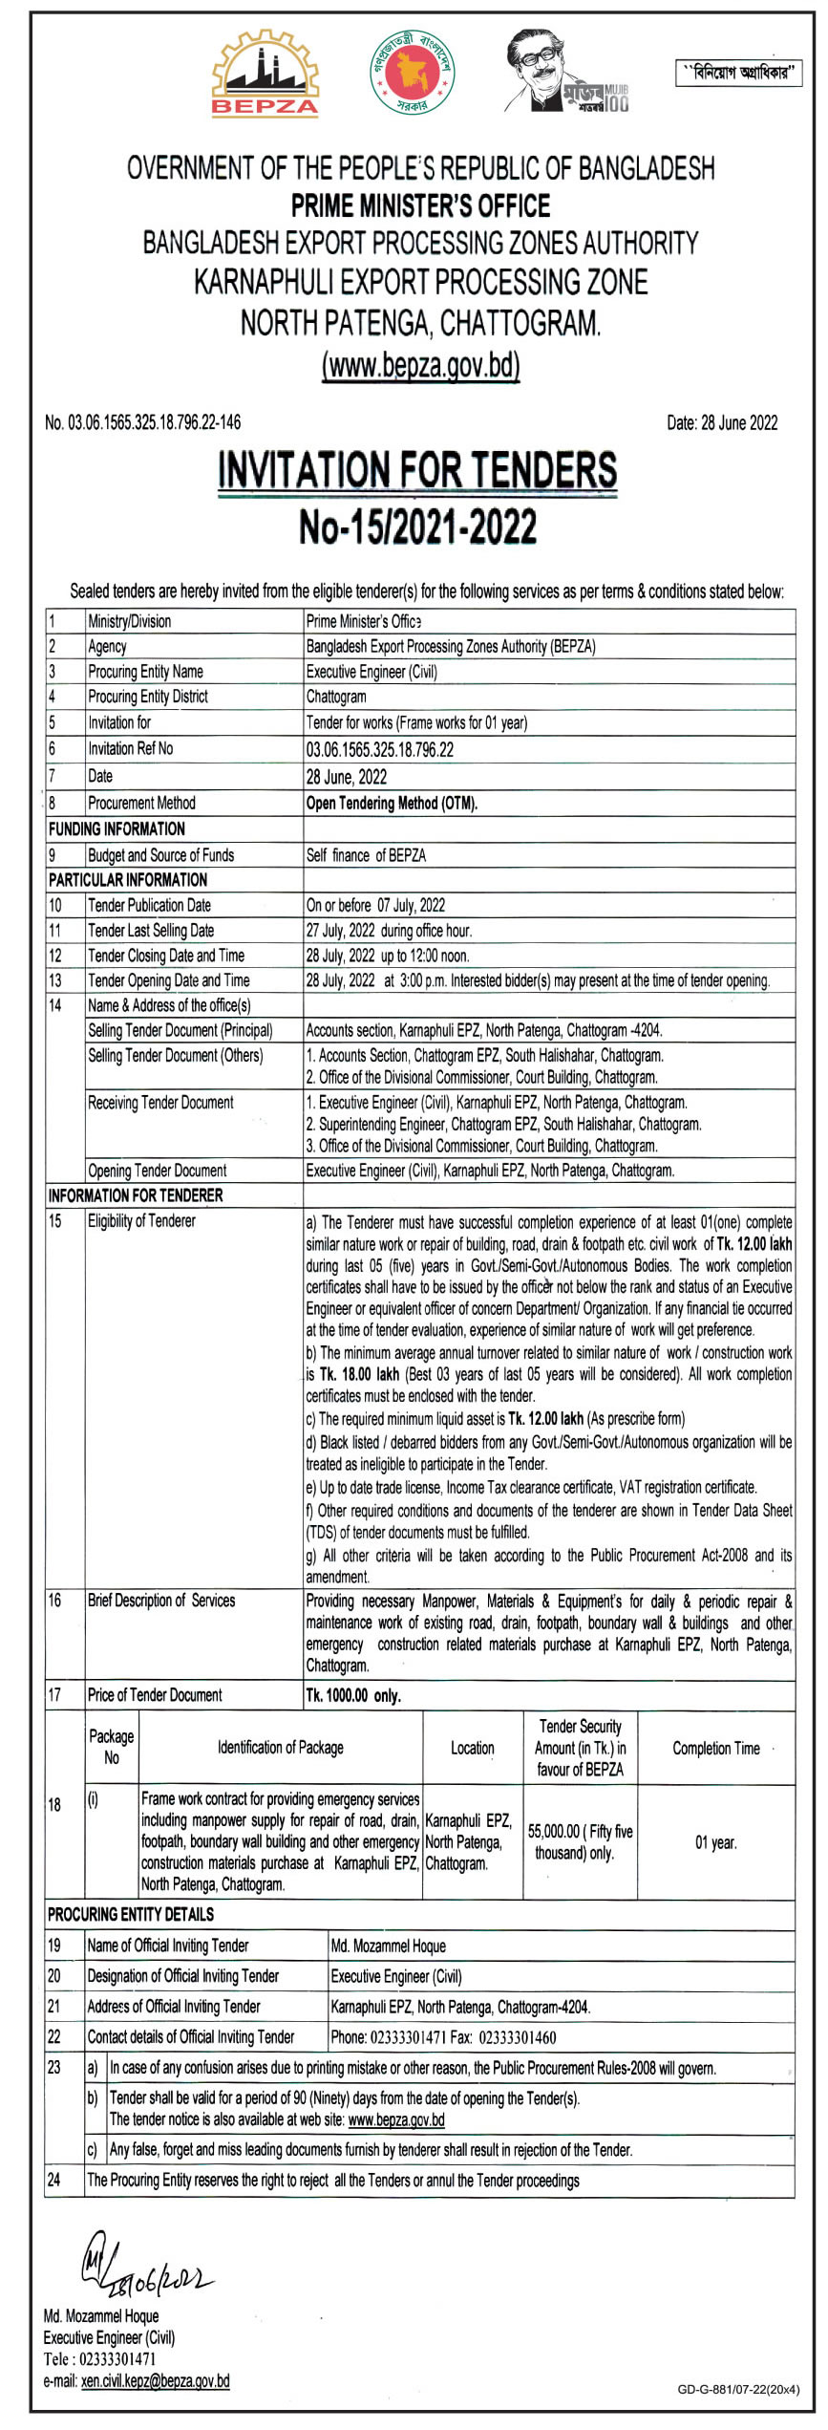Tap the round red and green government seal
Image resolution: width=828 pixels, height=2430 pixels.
(x=414, y=72)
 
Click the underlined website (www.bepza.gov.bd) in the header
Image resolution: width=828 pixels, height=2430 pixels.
(x=420, y=365)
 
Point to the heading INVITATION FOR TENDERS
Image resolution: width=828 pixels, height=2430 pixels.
(x=417, y=470)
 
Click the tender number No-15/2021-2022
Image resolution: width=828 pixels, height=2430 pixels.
(x=417, y=527)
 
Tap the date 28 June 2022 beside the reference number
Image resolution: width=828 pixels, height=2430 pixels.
(x=722, y=422)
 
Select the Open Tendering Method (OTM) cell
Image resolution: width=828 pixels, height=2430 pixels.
(x=392, y=803)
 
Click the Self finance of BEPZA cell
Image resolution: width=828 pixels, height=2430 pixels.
(x=366, y=855)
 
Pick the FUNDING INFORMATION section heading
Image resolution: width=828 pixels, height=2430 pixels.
(x=117, y=828)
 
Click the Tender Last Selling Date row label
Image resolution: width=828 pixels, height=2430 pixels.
(x=151, y=930)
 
